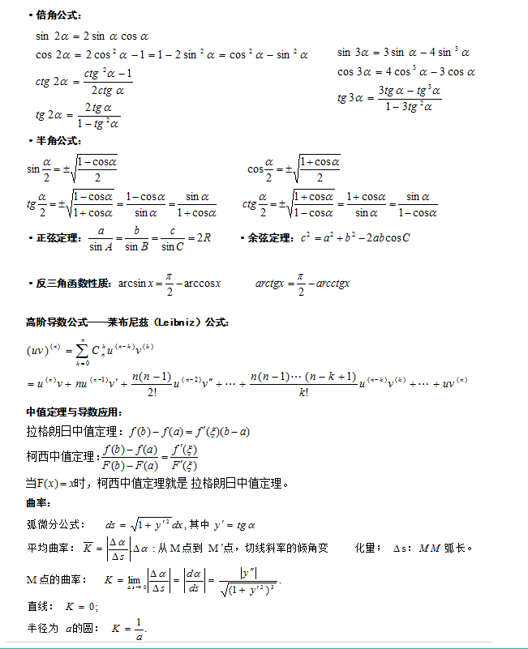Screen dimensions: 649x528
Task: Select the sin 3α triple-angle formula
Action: pos(403,53)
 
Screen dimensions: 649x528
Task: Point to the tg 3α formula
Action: pos(389,98)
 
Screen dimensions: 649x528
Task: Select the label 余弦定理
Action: pos(270,238)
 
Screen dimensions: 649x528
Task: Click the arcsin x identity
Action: pos(170,284)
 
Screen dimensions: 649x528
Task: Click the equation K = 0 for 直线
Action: pos(82,606)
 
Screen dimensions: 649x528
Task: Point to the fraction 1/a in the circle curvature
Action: pos(139,629)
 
